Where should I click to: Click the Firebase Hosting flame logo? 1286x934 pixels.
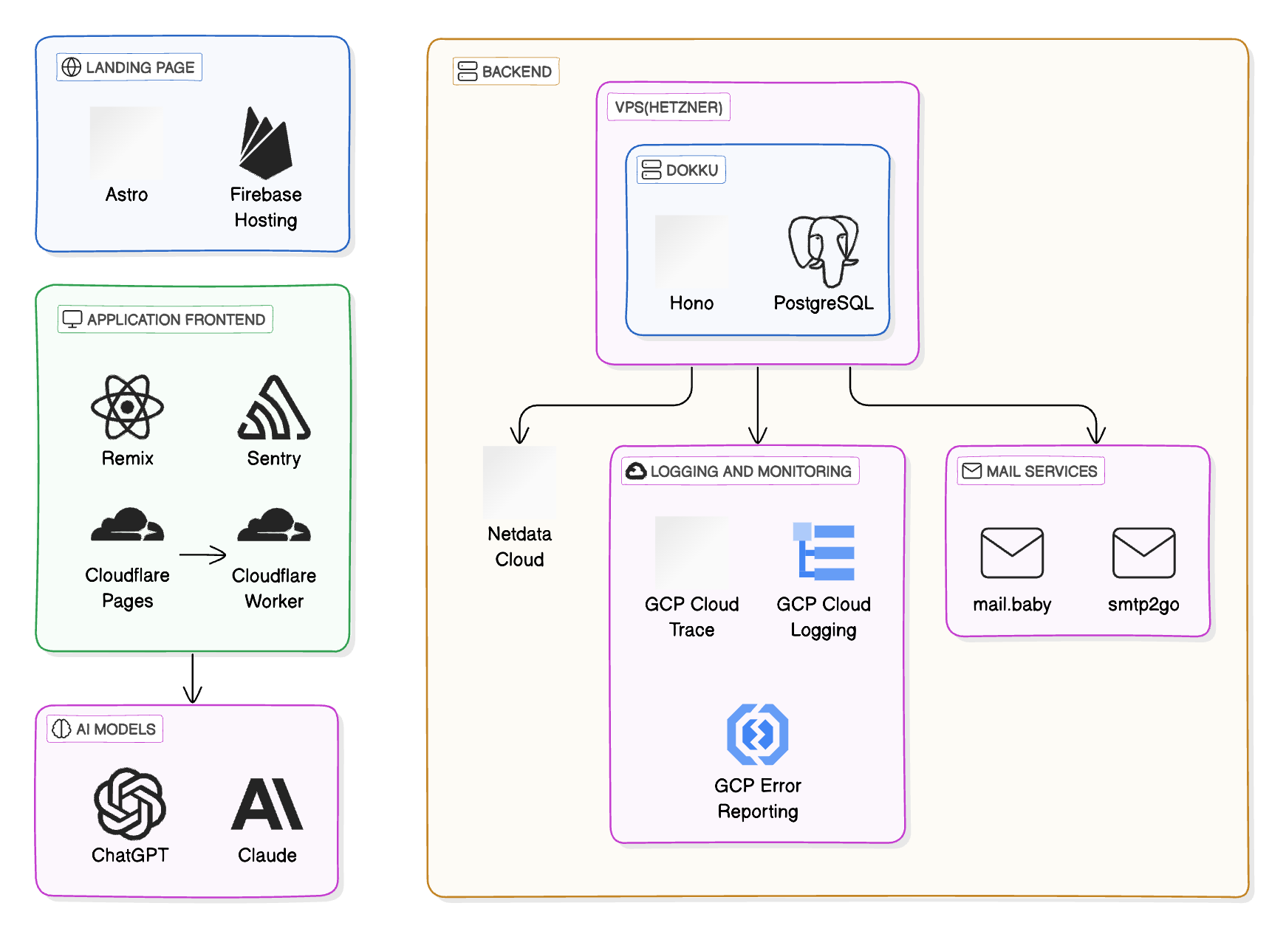tap(265, 145)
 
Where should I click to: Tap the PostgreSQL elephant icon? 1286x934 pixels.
tap(823, 250)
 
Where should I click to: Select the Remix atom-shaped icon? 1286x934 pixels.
tap(127, 407)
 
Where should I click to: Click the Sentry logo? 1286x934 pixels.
tap(274, 408)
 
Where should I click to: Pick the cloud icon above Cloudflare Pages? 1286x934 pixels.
tap(127, 525)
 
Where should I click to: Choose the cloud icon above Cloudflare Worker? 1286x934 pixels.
tap(274, 525)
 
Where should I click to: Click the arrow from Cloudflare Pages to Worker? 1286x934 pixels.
tap(202, 554)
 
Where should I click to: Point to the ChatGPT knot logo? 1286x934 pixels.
tap(130, 803)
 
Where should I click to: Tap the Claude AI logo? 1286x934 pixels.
tap(267, 804)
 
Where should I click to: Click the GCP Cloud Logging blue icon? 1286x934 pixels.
tap(824, 552)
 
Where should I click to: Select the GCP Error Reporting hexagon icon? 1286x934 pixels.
tap(757, 735)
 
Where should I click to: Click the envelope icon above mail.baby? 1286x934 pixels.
tap(1011, 552)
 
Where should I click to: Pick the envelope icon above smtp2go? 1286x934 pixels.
tap(1143, 552)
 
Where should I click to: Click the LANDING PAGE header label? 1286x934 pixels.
tap(129, 67)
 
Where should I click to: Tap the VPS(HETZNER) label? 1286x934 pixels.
tap(668, 107)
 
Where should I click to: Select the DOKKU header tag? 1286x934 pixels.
tap(681, 170)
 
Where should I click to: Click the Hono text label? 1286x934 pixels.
tap(691, 303)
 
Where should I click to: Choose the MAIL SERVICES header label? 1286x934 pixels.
tap(1030, 471)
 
